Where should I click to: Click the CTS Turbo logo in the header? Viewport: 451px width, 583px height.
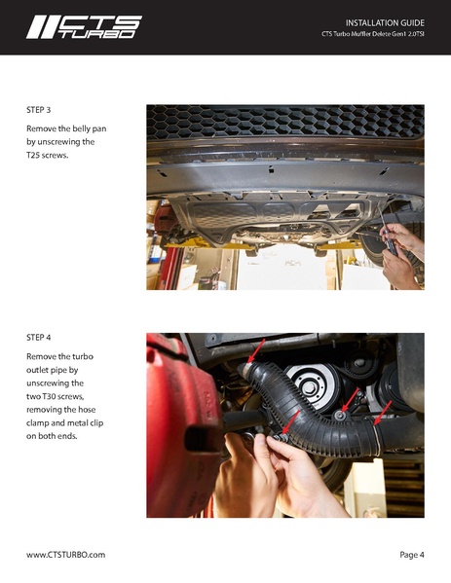[83, 26]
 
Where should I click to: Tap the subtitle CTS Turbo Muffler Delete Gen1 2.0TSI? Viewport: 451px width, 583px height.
[373, 36]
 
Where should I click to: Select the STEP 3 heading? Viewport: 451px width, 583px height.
[39, 111]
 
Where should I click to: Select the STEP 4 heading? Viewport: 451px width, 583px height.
[39, 339]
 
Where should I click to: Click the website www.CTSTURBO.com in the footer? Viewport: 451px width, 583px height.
[65, 555]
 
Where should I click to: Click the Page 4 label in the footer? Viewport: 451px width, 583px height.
[411, 555]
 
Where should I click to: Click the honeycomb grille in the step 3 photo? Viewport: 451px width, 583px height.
[282, 121]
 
